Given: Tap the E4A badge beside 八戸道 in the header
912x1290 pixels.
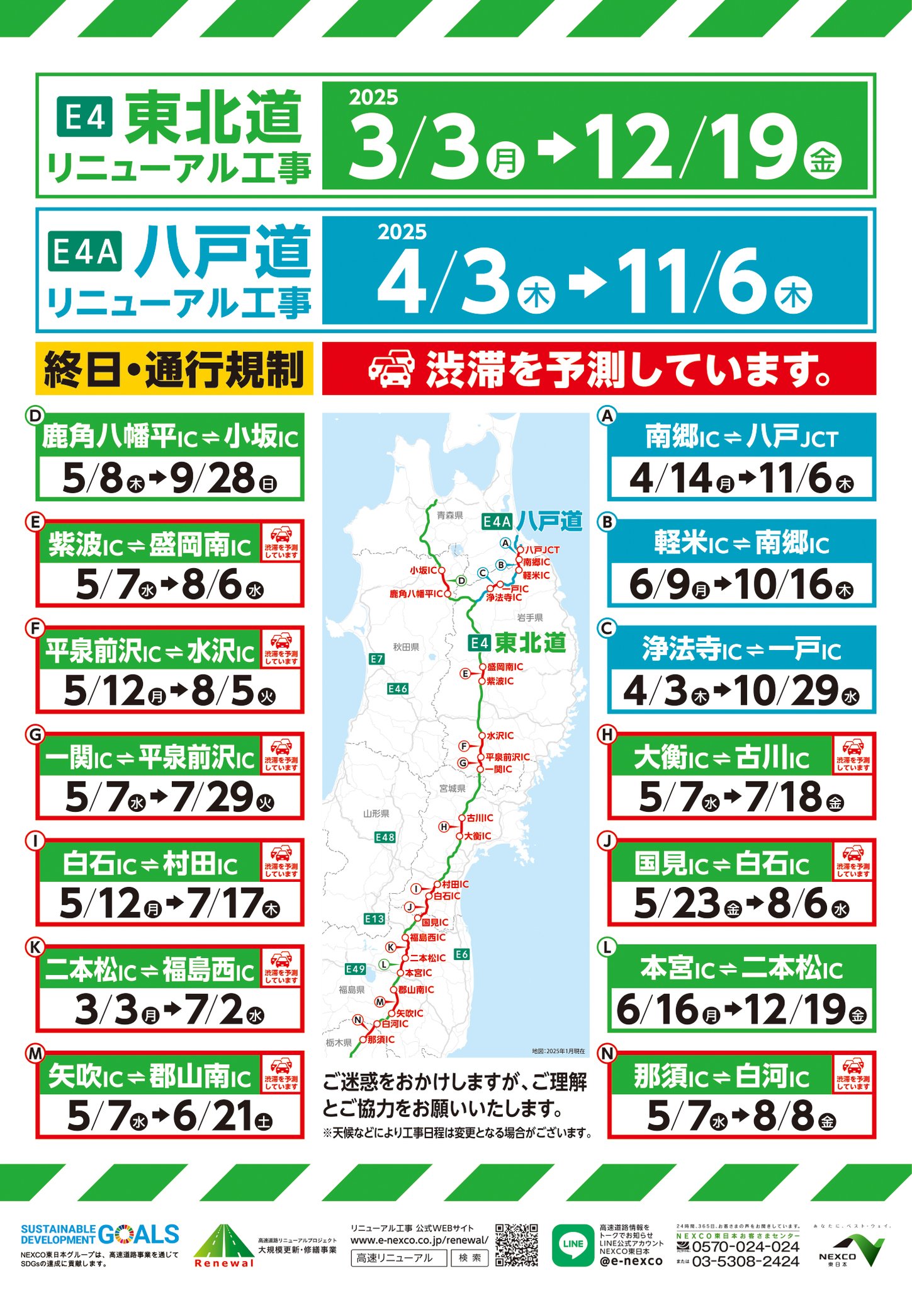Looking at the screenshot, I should (x=85, y=252).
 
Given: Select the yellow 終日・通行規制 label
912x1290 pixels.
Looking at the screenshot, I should (x=174, y=369).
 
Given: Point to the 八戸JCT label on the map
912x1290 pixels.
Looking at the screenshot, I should (x=542, y=550).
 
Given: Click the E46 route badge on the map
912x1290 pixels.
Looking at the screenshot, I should (x=398, y=688).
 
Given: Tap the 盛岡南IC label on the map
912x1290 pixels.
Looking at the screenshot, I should (x=504, y=666).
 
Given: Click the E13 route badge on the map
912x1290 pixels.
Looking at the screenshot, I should (x=374, y=919).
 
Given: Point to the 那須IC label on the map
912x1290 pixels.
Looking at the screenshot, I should (x=381, y=1039).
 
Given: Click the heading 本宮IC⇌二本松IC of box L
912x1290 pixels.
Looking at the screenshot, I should (x=741, y=969).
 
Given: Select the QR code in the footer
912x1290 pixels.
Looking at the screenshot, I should (x=516, y=1245).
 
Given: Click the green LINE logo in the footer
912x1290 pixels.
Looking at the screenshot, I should (x=573, y=1244).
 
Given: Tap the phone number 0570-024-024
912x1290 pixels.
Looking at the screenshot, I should (x=745, y=1247).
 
